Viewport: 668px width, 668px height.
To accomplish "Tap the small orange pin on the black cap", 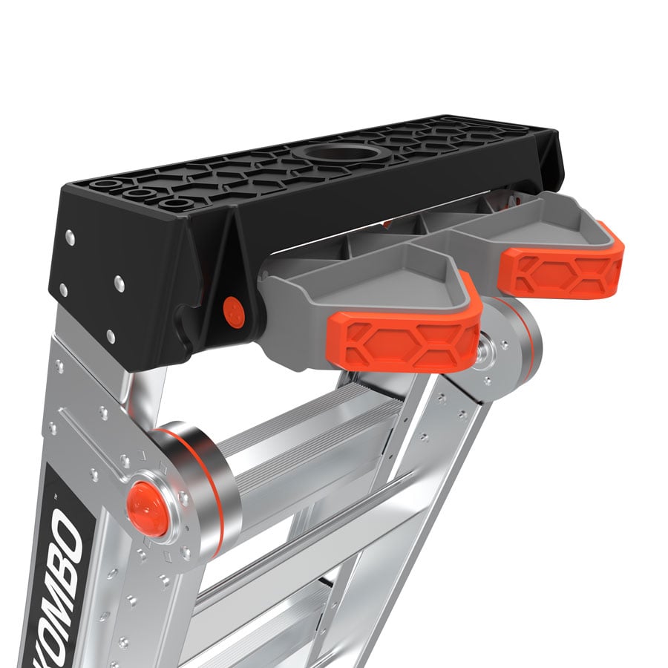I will pyautogui.click(x=235, y=311).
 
